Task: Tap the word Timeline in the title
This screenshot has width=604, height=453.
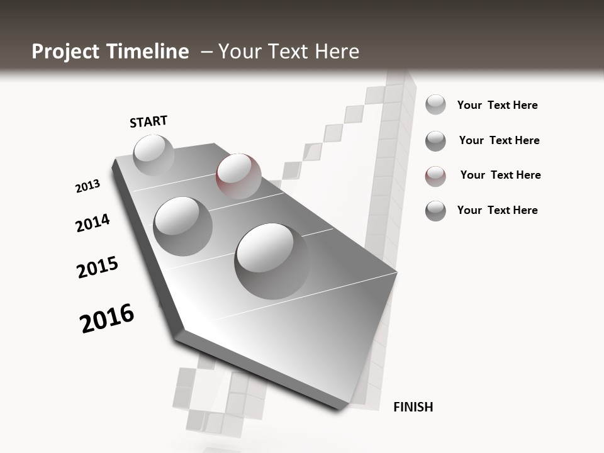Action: coord(151,52)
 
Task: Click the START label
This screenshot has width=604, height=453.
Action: coord(148,121)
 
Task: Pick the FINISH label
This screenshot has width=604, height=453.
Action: coord(413,407)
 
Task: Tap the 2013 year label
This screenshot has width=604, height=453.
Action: coord(87,186)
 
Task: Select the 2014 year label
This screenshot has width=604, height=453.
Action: coord(92,223)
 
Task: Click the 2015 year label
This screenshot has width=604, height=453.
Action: coord(98,267)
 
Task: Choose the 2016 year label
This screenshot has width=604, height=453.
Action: coord(107,318)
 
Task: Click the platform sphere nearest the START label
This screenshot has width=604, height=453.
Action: coord(154,155)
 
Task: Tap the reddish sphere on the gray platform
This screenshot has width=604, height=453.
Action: coord(238,176)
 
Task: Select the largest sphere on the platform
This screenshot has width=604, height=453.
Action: coord(272,260)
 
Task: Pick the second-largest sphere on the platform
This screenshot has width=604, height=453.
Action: coord(183,226)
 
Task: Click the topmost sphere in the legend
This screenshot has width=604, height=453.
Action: coord(435,104)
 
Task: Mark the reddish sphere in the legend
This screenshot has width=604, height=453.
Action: coord(435,176)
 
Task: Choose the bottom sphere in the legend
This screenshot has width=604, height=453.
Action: coord(435,211)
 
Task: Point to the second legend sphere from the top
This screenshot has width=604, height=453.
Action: coord(435,140)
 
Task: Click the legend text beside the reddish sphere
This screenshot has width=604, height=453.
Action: coord(500,175)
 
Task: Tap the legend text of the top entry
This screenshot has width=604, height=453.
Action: coord(497,105)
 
